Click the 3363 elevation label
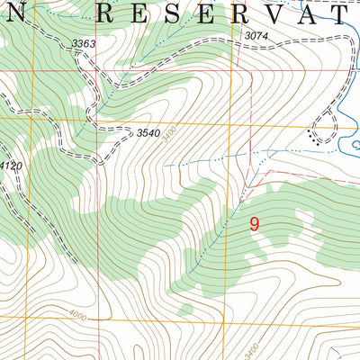tap(84, 43)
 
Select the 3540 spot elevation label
tap(148, 133)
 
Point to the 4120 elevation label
tap(9, 166)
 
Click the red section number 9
tap(254, 225)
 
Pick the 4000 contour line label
tap(79, 315)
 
